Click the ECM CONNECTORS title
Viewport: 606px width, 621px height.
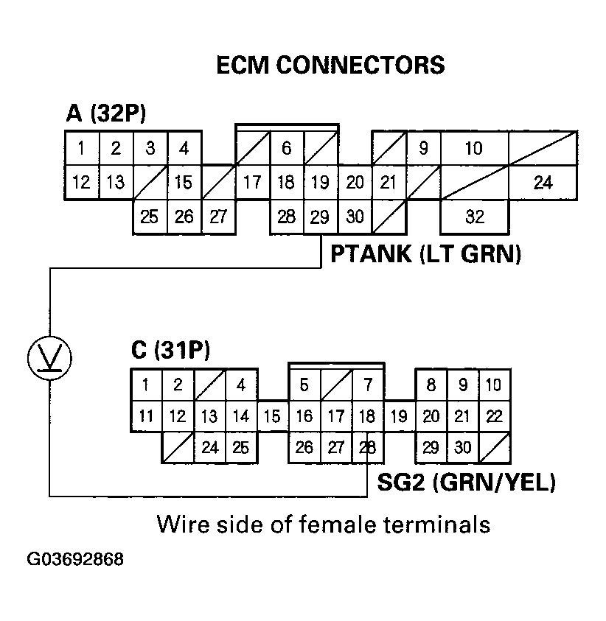click(x=330, y=65)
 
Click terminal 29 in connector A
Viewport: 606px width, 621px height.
click(x=320, y=217)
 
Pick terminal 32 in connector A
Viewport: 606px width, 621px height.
click(x=474, y=217)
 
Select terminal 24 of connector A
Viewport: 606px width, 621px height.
click(x=543, y=182)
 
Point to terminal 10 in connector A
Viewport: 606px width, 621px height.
click(x=474, y=148)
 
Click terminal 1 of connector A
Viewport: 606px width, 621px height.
click(x=81, y=148)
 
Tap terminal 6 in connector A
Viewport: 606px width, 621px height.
click(x=286, y=148)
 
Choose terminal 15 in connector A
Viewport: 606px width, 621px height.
click(x=184, y=182)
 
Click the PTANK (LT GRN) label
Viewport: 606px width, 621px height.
click(x=425, y=254)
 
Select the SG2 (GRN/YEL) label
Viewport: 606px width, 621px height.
click(x=466, y=483)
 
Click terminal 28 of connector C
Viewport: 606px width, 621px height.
click(x=367, y=447)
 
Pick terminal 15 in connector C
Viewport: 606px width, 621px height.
click(x=272, y=417)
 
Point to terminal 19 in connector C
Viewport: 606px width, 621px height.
click(x=399, y=417)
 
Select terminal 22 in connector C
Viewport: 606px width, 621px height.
click(x=494, y=417)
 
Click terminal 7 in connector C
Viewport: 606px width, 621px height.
click(x=367, y=385)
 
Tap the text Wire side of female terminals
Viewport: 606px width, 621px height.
click(x=323, y=524)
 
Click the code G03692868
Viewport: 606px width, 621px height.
click(x=75, y=560)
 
